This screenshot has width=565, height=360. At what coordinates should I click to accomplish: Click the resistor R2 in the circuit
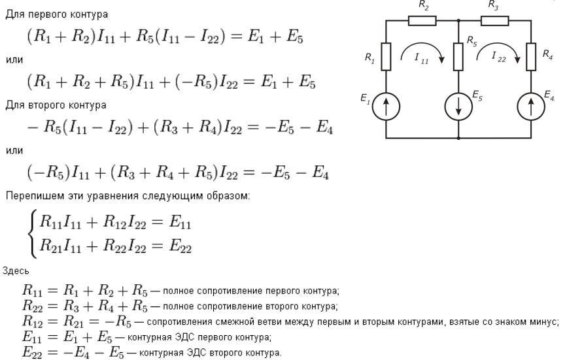point(422,20)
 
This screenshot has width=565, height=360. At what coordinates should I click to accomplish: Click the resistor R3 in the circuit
point(495,20)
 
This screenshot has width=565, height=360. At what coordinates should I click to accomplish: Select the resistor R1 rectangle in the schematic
point(386,57)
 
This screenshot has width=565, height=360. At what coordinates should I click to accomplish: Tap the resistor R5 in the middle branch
point(458,57)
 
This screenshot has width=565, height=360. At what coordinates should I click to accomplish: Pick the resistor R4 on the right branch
point(531,57)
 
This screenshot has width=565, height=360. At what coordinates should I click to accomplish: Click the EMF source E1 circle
point(386,106)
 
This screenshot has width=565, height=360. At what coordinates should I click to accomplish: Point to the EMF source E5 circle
point(458,106)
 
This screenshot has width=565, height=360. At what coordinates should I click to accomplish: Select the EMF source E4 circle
point(531,106)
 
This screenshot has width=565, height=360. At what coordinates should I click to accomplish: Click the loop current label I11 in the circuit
point(421,58)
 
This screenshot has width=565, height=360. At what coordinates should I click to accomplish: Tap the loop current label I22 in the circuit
point(499,57)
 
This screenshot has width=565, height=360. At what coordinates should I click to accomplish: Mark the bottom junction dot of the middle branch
point(458,138)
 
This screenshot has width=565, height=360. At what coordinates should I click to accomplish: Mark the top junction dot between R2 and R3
point(458,20)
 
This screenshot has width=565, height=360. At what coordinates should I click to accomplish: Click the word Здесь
point(16,270)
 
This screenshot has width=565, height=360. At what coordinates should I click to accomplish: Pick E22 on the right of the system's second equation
point(180,246)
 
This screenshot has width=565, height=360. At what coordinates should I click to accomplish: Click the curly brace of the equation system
point(32,235)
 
